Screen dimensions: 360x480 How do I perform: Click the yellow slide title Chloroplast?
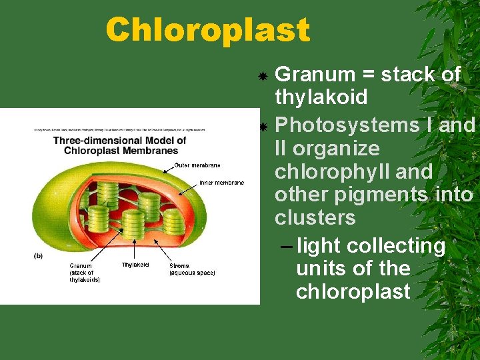207,30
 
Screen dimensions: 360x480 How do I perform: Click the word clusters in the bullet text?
315,218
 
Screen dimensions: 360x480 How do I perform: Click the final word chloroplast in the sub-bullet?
353,291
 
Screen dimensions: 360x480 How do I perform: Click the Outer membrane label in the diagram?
197,165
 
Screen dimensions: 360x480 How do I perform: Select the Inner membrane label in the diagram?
221,183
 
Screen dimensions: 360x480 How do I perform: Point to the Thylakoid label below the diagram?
135,265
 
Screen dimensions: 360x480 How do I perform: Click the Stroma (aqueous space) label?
192,269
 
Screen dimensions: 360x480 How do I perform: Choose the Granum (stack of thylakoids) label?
85,273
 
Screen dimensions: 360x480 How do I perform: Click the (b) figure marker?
39,255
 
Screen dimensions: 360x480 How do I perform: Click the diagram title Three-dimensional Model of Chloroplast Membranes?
119,145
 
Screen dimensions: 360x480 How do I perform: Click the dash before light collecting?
285,246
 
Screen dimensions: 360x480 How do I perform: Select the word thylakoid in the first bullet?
321,97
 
